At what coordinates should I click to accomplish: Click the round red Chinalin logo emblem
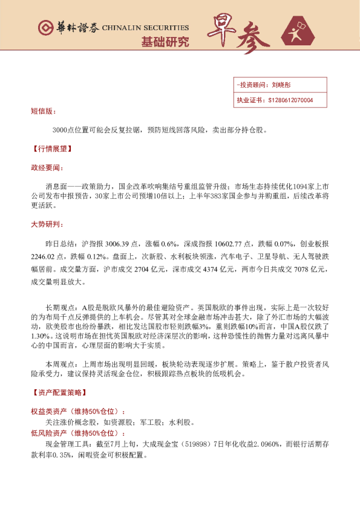click(x=44, y=28)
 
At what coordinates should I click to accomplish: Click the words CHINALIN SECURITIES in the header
click(x=145, y=28)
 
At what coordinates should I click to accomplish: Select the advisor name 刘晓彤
click(x=281, y=86)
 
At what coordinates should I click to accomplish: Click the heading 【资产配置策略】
click(x=58, y=392)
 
